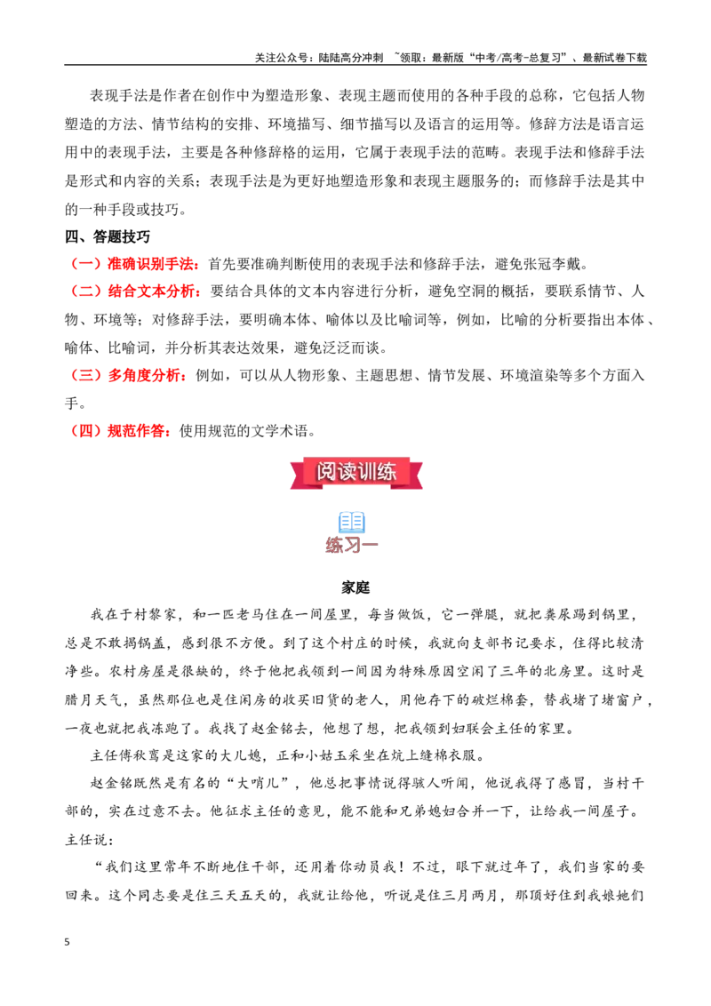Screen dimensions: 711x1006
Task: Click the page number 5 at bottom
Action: click(68, 942)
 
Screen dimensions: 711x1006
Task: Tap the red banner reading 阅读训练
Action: click(356, 473)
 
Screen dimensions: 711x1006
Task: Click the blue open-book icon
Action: click(352, 522)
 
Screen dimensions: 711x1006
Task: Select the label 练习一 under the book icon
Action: click(352, 546)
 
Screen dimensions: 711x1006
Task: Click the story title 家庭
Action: click(355, 587)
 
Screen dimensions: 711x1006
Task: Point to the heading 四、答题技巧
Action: click(108, 236)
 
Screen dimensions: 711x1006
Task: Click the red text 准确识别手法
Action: click(150, 264)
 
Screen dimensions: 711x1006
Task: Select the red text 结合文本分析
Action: click(151, 291)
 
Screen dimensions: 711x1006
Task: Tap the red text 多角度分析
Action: click(144, 375)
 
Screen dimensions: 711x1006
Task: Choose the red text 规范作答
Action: click(135, 431)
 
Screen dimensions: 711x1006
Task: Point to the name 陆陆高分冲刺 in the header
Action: click(351, 58)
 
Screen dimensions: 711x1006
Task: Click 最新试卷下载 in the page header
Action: click(615, 58)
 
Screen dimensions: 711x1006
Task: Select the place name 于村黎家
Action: click(147, 615)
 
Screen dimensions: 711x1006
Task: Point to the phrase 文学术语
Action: click(280, 431)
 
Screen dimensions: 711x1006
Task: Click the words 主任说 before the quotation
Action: click(86, 840)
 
